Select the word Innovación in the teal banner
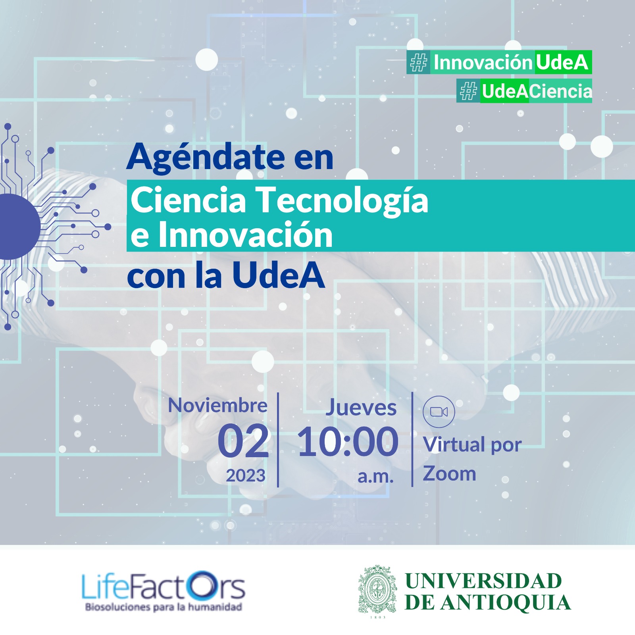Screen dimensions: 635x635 [x=245, y=235]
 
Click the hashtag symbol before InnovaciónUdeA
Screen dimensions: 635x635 [x=418, y=62]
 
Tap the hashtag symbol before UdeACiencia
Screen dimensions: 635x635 [x=468, y=91]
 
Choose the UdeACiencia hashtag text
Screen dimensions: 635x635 [x=537, y=91]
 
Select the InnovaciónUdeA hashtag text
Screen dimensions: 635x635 [x=511, y=62]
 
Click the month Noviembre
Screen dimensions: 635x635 [x=218, y=406]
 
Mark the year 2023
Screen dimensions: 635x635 [x=246, y=475]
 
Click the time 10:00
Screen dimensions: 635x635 [x=348, y=441]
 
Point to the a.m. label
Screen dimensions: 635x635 [x=375, y=476]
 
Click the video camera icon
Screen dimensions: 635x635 [x=439, y=412]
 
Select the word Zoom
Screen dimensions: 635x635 [x=450, y=473]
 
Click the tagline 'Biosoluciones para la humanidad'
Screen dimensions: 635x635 [x=164, y=607]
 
